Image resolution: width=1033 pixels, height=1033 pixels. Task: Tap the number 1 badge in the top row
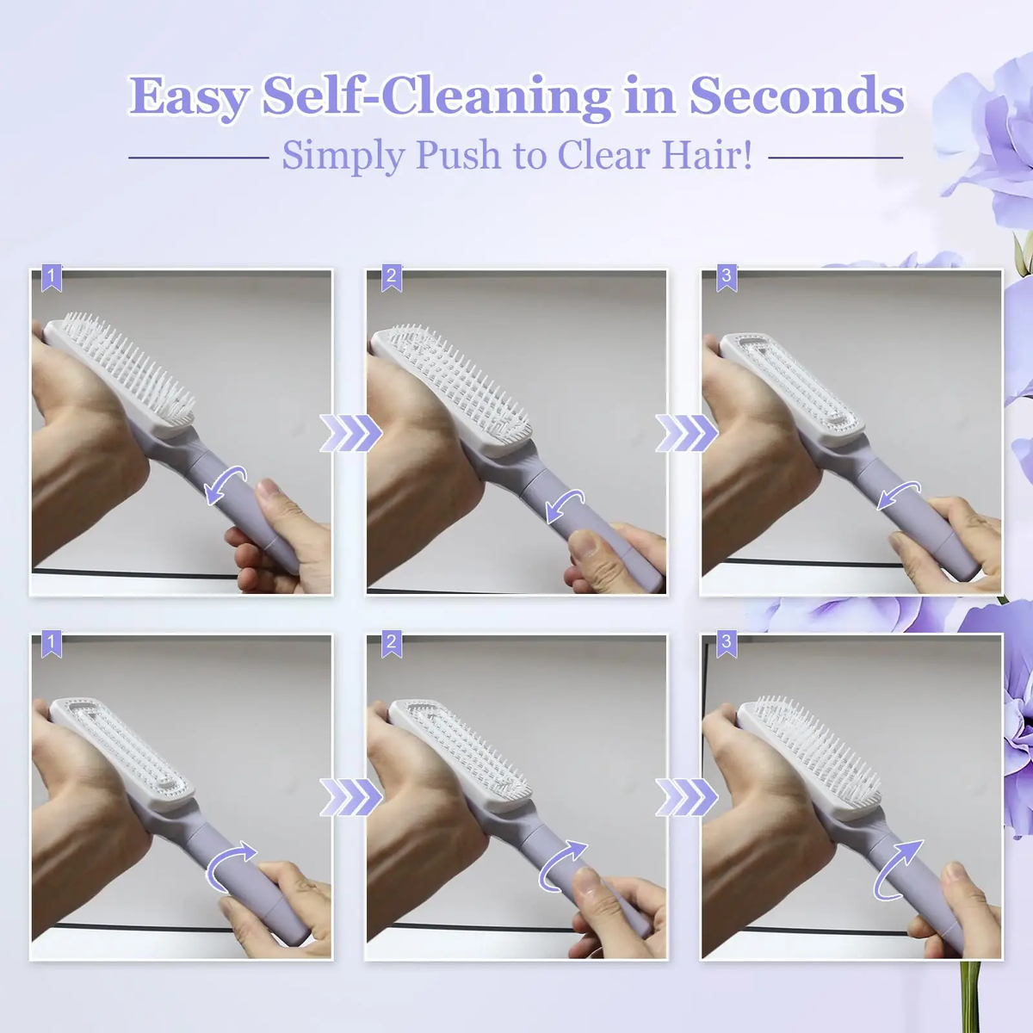pyautogui.click(x=52, y=277)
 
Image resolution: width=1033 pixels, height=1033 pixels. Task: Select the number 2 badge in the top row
pyautogui.click(x=392, y=277)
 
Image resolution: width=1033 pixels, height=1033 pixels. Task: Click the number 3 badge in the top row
pyautogui.click(x=727, y=277)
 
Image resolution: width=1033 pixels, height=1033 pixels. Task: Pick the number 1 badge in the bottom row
pyautogui.click(x=52, y=643)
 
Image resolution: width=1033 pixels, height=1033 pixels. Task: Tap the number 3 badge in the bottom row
pyautogui.click(x=727, y=643)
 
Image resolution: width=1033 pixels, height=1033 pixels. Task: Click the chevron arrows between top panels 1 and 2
pyautogui.click(x=350, y=432)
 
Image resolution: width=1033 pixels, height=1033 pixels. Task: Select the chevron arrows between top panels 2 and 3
pyautogui.click(x=686, y=432)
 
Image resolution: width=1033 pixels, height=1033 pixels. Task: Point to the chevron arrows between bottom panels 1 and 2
pyautogui.click(x=350, y=797)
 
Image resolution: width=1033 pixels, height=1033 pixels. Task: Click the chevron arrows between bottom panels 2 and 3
pyautogui.click(x=686, y=797)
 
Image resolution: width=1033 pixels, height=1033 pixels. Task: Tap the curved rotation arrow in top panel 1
pyautogui.click(x=226, y=485)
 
